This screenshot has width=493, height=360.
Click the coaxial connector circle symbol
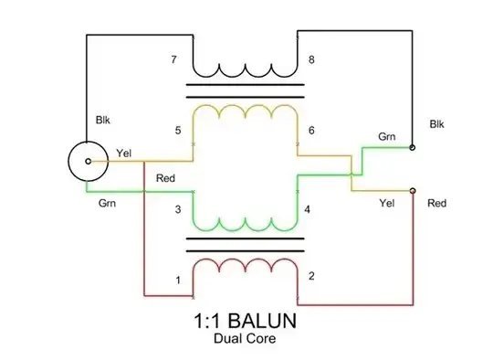click(x=87, y=161)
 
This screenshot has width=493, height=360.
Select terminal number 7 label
click(x=173, y=60)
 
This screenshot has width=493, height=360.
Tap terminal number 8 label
click(x=312, y=60)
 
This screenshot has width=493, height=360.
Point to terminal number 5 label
click(x=178, y=130)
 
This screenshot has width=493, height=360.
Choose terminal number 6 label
click(x=311, y=130)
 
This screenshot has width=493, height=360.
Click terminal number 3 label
click(x=178, y=210)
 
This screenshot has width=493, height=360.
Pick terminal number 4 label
click(x=308, y=210)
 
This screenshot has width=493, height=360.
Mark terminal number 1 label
click(x=178, y=280)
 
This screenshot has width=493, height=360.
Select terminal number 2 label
click(x=311, y=276)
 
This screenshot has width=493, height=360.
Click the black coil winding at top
click(x=245, y=69)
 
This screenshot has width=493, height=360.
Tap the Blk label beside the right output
click(x=436, y=123)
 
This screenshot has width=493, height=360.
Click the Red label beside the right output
click(x=436, y=203)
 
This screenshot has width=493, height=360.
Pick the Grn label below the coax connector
click(x=106, y=203)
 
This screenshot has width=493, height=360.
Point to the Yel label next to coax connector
click(x=125, y=152)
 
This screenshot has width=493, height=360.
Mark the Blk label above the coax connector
click(x=102, y=120)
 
